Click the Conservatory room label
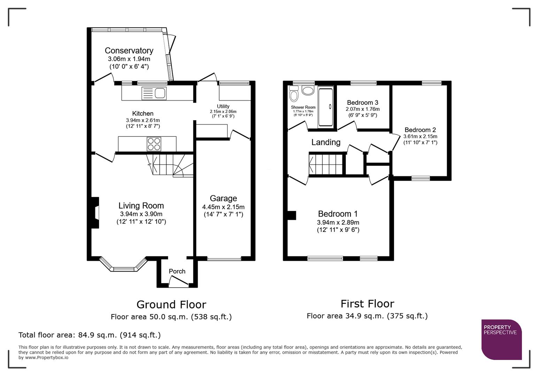[129, 51]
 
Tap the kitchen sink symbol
[154, 94]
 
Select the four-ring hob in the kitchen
[154, 144]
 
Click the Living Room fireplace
[95, 213]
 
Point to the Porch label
[177, 271]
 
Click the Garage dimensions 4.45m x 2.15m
[223, 207]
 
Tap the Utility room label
[223, 106]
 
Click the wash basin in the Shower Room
[308, 91]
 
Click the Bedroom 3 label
[362, 102]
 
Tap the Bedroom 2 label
[420, 130]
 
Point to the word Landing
[326, 142]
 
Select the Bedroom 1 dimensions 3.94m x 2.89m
[338, 222]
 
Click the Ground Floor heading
[171, 305]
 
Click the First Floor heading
[367, 304]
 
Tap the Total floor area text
[90, 335]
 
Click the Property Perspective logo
[501, 339]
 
